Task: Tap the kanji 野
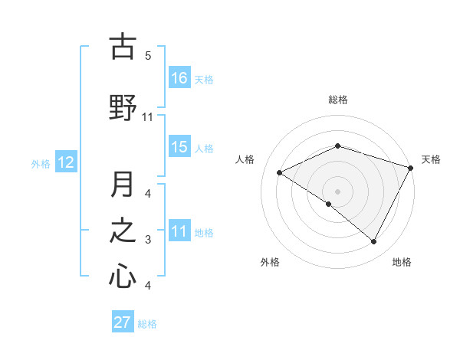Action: pyautogui.click(x=123, y=107)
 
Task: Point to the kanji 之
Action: pyautogui.click(x=123, y=231)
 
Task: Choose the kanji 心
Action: pyautogui.click(x=123, y=276)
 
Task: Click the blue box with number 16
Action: pyautogui.click(x=179, y=78)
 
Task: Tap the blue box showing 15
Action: pyautogui.click(x=179, y=148)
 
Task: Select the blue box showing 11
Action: pyautogui.click(x=179, y=232)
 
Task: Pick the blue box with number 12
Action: pyautogui.click(x=65, y=162)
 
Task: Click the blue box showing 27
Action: pyautogui.click(x=123, y=322)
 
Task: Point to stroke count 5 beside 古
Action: pyautogui.click(x=147, y=55)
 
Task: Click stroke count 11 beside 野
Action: pyautogui.click(x=148, y=117)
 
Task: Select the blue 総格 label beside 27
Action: pyautogui.click(x=148, y=324)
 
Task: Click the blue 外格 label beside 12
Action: pyautogui.click(x=41, y=163)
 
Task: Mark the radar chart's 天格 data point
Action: pyautogui.click(x=411, y=168)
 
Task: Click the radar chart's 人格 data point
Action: pyautogui.click(x=280, y=173)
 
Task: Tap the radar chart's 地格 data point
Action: pyautogui.click(x=374, y=242)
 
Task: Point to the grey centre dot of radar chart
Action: pyautogui.click(x=337, y=191)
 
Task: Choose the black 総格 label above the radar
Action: pyautogui.click(x=338, y=100)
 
